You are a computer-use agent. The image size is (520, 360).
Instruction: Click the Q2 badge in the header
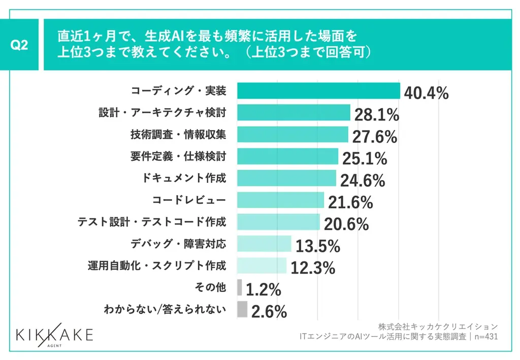click(x=19, y=45)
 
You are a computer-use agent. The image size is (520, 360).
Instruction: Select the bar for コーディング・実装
click(x=318, y=90)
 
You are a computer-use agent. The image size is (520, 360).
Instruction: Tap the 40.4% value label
click(x=426, y=93)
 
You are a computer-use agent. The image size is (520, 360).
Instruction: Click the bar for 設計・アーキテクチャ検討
click(x=294, y=112)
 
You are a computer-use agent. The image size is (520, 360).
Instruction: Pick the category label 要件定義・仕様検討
click(x=178, y=156)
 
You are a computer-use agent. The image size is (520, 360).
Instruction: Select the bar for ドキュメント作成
click(x=286, y=178)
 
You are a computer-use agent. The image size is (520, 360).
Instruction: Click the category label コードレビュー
click(x=189, y=200)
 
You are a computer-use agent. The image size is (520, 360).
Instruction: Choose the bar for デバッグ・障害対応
click(x=264, y=244)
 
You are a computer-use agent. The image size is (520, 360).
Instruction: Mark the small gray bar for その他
click(x=240, y=287)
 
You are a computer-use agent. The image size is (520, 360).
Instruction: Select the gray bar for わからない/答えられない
click(x=242, y=309)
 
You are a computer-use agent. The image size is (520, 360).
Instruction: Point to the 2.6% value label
click(x=269, y=311)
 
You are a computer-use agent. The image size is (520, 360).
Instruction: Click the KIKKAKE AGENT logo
click(x=54, y=336)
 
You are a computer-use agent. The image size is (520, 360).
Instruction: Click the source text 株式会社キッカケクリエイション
click(x=438, y=326)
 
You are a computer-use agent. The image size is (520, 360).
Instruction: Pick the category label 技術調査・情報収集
click(x=178, y=135)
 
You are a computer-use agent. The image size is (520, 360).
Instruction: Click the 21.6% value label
click(x=350, y=202)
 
